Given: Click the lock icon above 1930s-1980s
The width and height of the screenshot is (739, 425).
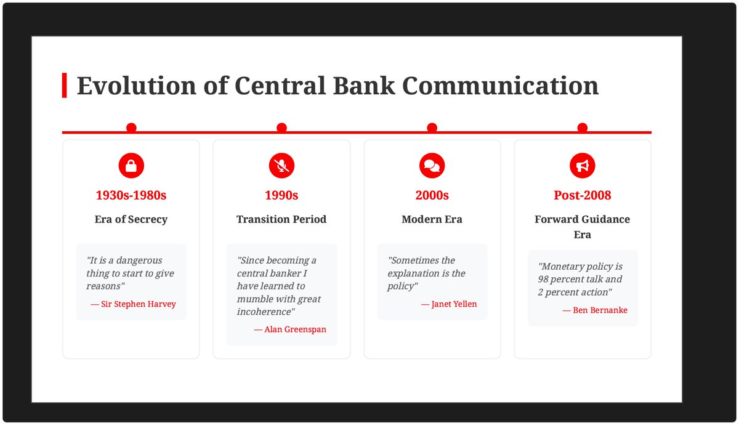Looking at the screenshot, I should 131,166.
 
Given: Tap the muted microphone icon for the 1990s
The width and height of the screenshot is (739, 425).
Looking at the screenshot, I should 281,166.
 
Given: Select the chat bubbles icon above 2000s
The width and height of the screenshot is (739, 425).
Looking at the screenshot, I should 432,166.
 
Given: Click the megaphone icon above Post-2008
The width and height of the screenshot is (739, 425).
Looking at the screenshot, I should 583,166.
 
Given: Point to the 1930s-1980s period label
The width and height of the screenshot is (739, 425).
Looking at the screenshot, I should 131,196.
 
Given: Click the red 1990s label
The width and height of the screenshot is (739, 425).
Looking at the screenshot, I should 281,196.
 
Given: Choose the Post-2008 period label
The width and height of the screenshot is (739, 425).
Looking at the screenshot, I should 583,196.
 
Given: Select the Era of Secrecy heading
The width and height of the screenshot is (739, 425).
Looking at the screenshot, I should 131,219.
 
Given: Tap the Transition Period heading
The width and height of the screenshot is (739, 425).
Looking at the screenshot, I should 281,219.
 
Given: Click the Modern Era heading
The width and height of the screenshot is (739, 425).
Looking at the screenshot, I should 432,219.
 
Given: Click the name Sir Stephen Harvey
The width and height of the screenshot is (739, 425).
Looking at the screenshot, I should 138,304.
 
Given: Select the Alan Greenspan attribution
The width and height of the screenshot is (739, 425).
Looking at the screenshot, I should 295,330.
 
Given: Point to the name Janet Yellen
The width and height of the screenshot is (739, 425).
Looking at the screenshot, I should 454,304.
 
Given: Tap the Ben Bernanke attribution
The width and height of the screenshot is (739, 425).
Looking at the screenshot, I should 600,310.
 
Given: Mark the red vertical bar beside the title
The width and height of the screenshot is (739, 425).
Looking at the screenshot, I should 64,86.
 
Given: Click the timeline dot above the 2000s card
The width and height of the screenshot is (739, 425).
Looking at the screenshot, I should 432,128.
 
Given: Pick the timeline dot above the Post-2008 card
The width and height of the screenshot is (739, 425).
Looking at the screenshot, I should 583,128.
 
